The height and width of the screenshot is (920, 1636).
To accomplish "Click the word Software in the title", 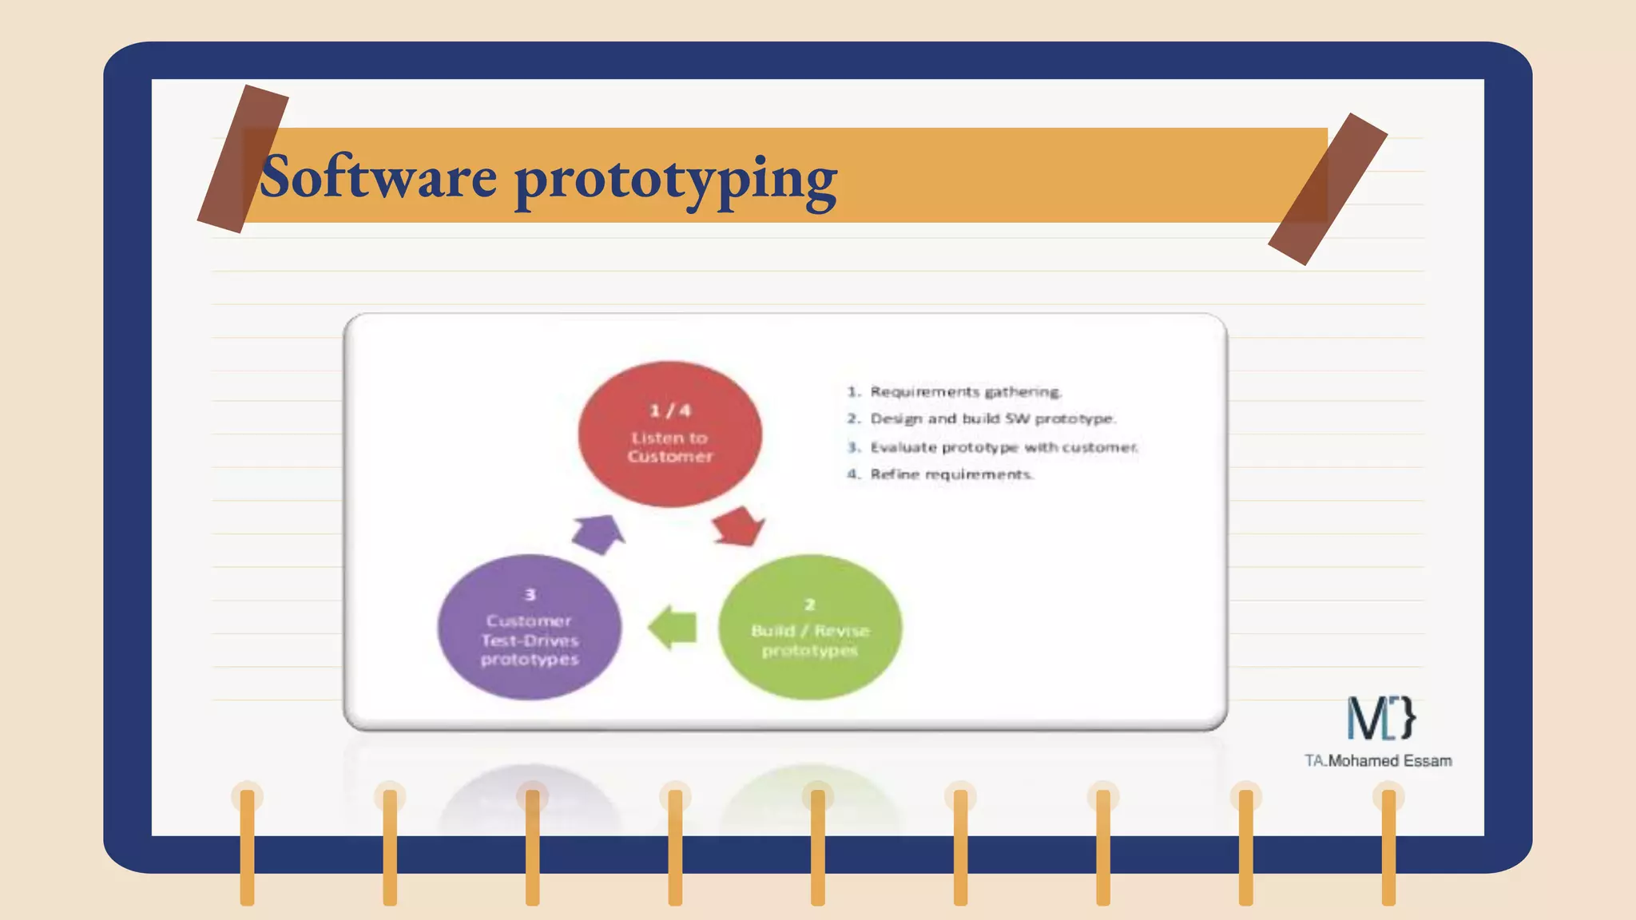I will [378, 177].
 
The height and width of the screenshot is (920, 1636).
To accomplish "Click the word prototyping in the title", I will [676, 179].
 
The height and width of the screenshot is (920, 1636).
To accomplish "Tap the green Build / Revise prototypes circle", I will [810, 627].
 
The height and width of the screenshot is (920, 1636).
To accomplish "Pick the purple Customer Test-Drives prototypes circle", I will [529, 628].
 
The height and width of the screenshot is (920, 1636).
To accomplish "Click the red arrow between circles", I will [738, 526].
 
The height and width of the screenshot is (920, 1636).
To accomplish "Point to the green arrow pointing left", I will [673, 627].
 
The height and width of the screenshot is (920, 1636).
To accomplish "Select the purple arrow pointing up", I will [598, 533].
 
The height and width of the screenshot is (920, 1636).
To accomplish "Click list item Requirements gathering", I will [964, 391].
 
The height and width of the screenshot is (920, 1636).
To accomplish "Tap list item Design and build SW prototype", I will [991, 418].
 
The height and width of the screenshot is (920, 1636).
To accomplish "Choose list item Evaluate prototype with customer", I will [1003, 447].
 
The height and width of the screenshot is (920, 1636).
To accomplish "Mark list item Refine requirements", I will [951, 474].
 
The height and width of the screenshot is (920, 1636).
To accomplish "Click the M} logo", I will [1381, 717].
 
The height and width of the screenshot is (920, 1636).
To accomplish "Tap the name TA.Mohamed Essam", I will [1378, 761].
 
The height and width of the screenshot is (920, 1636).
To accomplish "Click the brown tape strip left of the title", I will [243, 159].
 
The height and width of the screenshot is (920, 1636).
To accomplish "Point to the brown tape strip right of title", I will [1328, 189].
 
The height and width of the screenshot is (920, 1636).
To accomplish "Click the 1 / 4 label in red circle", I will [669, 410].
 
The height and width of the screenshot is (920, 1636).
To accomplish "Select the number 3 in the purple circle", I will [530, 595].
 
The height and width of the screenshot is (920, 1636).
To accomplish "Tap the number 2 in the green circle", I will [809, 605].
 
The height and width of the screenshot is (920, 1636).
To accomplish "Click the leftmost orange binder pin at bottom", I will [248, 847].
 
